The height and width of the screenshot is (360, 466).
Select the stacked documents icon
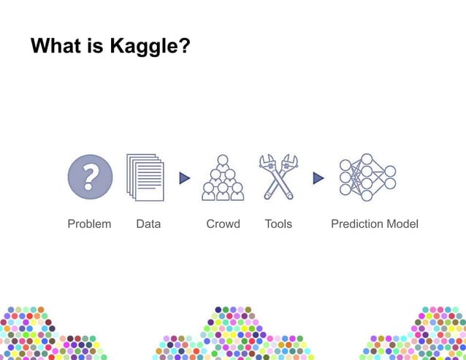(145, 177)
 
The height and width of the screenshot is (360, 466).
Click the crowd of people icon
(223, 178)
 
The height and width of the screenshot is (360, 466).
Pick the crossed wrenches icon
(278, 176)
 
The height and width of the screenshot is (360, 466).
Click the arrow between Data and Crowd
(185, 177)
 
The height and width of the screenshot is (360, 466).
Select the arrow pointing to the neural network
(318, 177)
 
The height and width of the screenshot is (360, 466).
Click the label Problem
(89, 223)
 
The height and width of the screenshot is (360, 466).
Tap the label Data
(148, 223)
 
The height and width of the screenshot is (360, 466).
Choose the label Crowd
(223, 223)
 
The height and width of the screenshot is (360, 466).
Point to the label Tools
(278, 223)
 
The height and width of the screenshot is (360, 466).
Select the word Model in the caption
(402, 223)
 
